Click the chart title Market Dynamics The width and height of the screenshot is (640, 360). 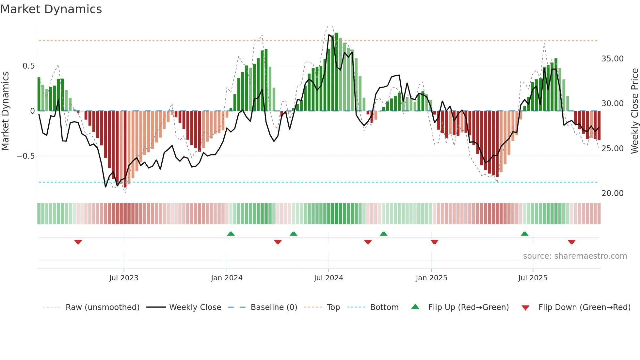click(51, 9)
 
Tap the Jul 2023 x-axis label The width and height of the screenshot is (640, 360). click(124, 278)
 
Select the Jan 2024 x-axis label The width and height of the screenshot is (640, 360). click(227, 278)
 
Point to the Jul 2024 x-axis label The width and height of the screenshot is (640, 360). click(328, 278)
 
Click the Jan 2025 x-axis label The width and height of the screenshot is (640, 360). click(431, 278)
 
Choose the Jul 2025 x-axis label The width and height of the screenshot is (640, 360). click(533, 278)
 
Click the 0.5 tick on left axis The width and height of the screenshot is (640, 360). click(28, 66)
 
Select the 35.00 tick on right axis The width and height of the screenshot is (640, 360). click(612, 59)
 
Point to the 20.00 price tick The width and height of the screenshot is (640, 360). click(612, 193)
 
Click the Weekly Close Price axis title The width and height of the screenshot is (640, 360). click(634, 111)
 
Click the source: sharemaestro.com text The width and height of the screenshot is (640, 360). click(575, 256)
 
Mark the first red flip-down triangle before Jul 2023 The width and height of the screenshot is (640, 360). click(78, 242)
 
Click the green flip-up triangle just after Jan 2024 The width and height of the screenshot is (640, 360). click(231, 234)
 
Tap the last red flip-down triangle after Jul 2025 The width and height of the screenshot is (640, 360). click(571, 242)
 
